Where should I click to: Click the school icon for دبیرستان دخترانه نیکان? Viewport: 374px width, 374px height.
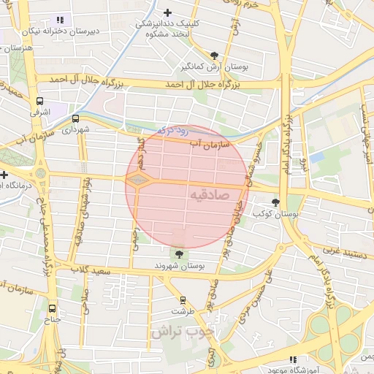60,20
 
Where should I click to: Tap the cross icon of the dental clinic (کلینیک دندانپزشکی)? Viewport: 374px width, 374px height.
169,12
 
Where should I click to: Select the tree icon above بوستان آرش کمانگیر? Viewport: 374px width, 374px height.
213,56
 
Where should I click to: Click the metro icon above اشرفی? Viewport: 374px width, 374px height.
39,102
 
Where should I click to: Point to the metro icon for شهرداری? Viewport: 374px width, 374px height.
76,118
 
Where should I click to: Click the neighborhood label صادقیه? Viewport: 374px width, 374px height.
210,195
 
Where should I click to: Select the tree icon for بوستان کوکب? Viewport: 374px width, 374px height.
275,202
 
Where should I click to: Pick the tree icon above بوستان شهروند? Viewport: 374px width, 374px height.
178,254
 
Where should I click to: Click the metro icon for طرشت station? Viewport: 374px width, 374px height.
183,299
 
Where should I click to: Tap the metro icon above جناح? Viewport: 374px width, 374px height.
52,308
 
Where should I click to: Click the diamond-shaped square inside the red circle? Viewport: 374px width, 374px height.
140,180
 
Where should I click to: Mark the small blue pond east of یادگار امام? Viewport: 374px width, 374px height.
316,157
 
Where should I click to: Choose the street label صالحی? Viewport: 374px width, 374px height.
83,299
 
